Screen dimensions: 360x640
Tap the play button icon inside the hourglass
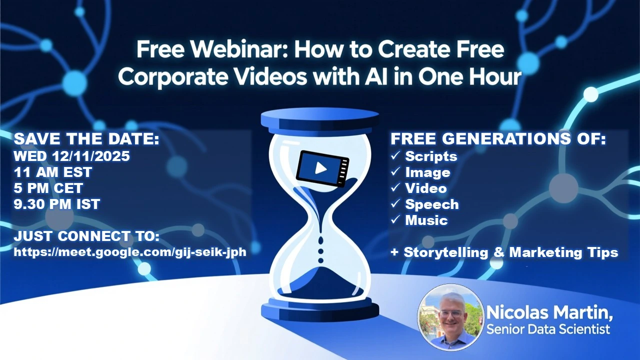[x=320, y=168]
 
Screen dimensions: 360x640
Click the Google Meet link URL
[x=130, y=252]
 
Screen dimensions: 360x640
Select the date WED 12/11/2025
[x=71, y=156]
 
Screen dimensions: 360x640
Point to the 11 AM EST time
[x=53, y=172]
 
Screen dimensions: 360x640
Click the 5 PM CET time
[x=48, y=188]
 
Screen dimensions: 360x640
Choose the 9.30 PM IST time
[x=57, y=204]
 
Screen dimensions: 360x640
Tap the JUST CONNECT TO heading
[x=86, y=236]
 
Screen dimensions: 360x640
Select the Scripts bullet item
[x=431, y=156]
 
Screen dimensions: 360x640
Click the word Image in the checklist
[x=427, y=172]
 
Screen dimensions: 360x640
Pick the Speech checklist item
[x=431, y=204]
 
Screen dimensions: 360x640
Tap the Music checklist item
[x=426, y=220]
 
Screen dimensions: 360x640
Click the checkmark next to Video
[x=395, y=188]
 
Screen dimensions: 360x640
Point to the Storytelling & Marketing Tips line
[x=504, y=252]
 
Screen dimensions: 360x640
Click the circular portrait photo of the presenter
[x=450, y=316]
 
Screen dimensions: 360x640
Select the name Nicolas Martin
[x=549, y=314]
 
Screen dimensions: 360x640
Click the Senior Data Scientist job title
[x=548, y=329]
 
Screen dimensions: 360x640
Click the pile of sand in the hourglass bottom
[x=320, y=280]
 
